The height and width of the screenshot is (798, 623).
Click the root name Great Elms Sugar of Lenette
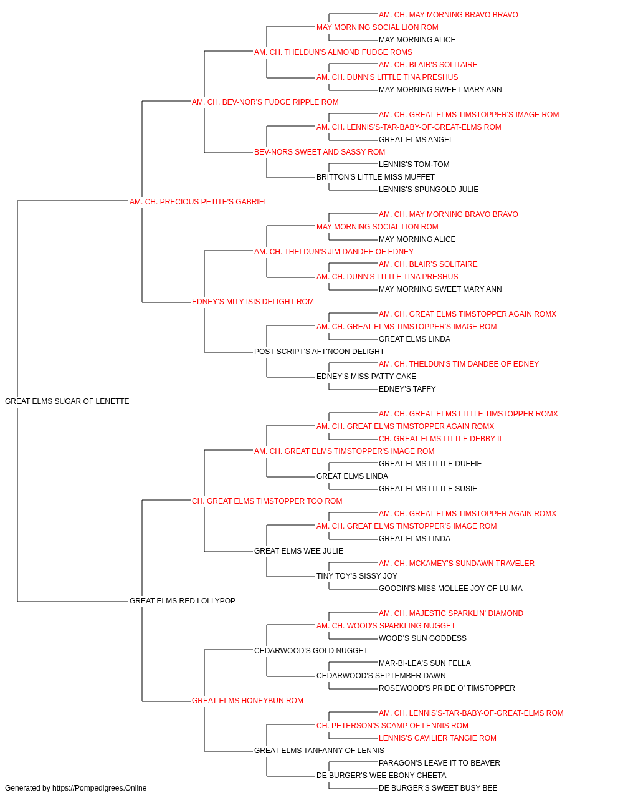67,401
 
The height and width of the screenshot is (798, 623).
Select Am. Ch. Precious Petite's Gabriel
199,202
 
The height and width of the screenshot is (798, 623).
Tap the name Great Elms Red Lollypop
183,601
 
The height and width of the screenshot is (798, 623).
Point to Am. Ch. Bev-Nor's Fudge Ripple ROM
265,102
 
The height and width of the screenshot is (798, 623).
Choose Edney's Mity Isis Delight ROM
253,302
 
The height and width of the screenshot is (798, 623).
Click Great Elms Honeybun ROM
247,701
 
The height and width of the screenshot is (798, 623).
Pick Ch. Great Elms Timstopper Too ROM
267,501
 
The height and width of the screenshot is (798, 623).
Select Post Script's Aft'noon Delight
319,352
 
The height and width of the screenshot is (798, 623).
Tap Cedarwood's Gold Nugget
311,651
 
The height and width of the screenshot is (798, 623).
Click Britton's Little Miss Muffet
375,177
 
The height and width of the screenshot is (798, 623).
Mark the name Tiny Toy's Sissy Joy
356,576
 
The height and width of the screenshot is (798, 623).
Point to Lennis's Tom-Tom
414,165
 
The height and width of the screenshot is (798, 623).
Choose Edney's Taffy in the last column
407,389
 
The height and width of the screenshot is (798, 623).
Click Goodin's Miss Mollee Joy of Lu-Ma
450,589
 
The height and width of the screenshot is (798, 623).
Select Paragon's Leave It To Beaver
439,762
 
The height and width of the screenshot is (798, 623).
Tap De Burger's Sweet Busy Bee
438,788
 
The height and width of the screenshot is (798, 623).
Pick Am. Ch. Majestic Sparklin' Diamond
451,613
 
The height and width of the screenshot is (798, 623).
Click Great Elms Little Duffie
430,464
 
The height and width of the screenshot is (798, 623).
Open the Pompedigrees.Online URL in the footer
99,788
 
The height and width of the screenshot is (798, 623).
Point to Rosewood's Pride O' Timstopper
447,688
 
